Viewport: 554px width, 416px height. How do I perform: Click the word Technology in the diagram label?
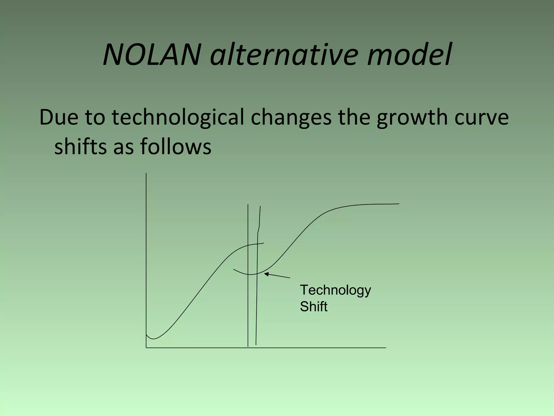(335, 290)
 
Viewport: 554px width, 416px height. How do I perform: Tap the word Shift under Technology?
(314, 307)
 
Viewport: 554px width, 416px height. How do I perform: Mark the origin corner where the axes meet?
(146, 347)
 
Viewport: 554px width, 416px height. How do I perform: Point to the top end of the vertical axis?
(146, 174)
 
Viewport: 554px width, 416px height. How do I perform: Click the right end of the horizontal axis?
(385, 347)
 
